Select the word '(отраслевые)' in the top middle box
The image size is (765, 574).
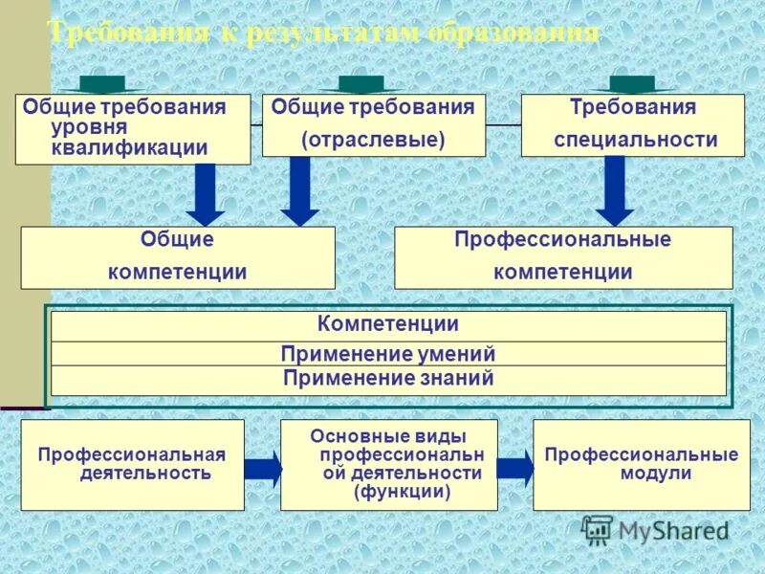[373, 140]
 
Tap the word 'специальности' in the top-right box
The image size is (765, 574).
[635, 140]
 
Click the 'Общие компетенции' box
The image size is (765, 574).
[178, 257]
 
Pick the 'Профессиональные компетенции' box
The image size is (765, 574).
[562, 257]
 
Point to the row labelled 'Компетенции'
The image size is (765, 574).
[387, 325]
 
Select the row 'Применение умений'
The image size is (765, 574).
[387, 354]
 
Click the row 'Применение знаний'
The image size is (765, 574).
[387, 379]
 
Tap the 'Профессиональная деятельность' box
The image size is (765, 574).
[132, 464]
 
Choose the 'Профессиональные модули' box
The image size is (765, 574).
[641, 464]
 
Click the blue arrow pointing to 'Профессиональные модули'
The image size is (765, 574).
[515, 467]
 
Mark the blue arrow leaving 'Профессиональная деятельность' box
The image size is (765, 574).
[263, 469]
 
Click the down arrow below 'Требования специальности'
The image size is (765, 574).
[615, 191]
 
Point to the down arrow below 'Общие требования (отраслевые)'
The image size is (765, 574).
[300, 191]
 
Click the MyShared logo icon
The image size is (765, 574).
[598, 529]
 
